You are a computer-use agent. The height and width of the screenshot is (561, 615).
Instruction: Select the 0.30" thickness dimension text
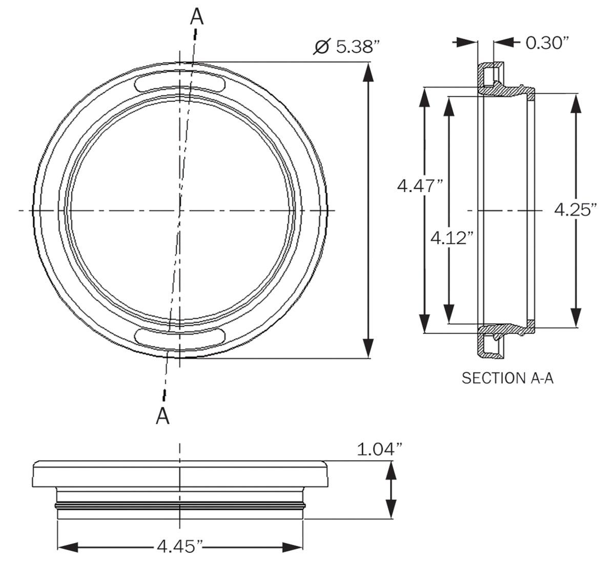pos(548,43)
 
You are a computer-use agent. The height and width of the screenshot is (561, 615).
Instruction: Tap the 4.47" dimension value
pos(420,185)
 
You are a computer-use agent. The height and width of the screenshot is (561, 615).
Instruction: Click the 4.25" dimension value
pos(576,210)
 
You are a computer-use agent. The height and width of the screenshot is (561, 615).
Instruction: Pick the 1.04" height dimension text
pos(380,450)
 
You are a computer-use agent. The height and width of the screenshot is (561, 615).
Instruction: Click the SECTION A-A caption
pos(508,378)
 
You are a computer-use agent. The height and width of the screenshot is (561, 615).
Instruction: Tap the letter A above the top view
pos(196,17)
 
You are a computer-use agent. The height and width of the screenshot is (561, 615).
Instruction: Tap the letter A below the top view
pos(162,416)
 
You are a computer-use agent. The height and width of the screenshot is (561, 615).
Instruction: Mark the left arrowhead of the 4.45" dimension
pos(67,547)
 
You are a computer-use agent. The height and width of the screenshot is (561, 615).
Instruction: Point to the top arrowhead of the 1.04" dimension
pos(391,469)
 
